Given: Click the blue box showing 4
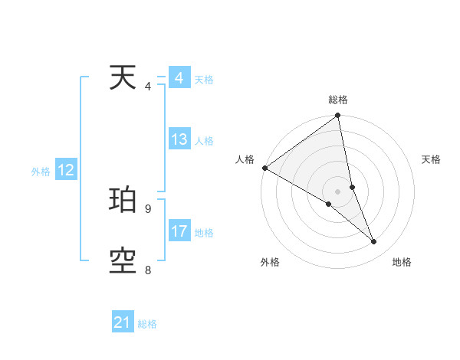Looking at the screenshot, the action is [x=179, y=79].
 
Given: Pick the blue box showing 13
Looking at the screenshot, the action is [x=179, y=140].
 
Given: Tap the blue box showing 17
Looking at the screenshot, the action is [x=179, y=232].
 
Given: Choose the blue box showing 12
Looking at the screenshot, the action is [x=65, y=171].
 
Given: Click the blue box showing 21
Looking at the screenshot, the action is [x=122, y=323].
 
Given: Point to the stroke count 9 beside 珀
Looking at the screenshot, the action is [x=148, y=208].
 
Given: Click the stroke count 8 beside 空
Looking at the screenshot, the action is [x=148, y=270].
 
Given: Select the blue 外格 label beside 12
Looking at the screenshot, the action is [x=41, y=172].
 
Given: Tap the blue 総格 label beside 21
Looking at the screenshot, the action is [x=147, y=324].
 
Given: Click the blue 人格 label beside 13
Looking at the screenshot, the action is [x=204, y=141].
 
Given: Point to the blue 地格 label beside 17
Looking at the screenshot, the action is [x=204, y=233].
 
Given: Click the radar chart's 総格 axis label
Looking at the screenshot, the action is [x=338, y=100].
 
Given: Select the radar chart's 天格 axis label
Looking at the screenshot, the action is [x=432, y=159].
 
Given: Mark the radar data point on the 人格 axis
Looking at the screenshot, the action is [x=264, y=168].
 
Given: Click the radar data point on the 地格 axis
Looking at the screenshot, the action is [x=374, y=241].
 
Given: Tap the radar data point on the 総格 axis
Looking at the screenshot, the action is [x=338, y=116].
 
